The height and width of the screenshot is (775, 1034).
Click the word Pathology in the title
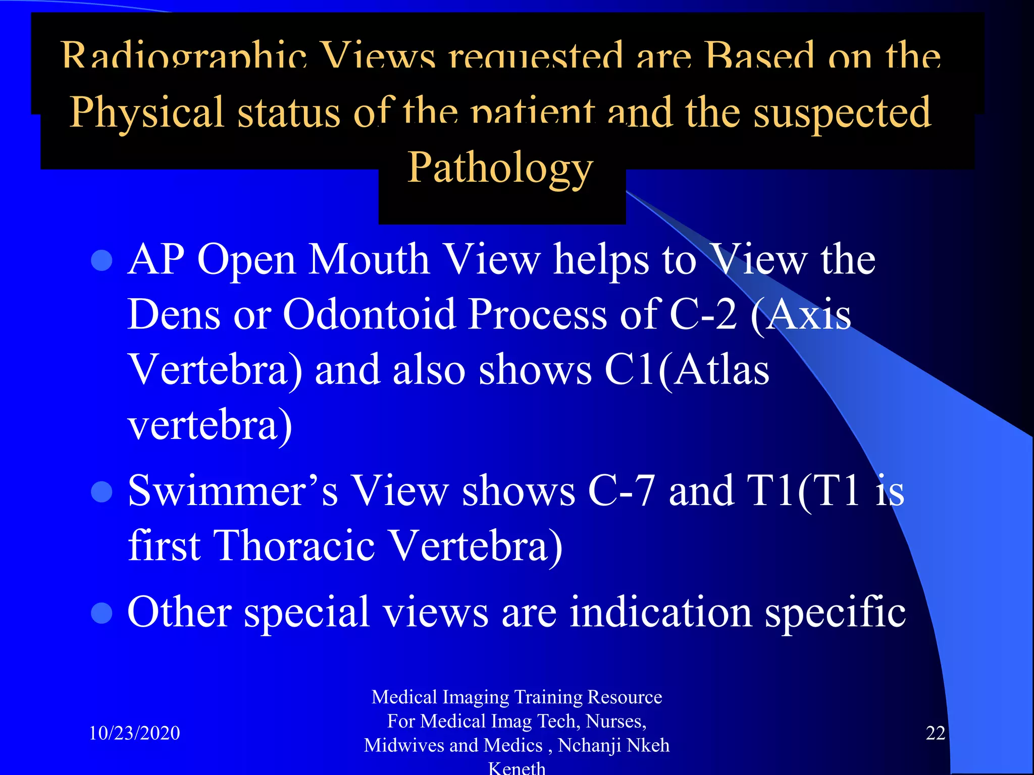[500, 168]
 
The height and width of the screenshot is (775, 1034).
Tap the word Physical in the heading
[146, 113]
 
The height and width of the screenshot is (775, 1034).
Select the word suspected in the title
[842, 113]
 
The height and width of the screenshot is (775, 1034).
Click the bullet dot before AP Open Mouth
[101, 260]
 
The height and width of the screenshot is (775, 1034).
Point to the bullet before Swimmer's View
[101, 491]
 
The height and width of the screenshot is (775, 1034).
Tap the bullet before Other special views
[101, 613]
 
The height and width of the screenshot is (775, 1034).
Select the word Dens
[174, 314]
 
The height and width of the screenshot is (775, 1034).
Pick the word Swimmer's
[233, 490]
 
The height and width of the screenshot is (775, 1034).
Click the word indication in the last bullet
[661, 612]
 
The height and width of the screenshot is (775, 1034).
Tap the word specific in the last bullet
[835, 613]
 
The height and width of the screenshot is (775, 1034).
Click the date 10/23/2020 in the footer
[134, 733]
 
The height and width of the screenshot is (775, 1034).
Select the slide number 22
[935, 733]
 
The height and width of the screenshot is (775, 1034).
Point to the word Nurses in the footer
[615, 721]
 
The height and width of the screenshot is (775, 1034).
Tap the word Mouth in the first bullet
[369, 259]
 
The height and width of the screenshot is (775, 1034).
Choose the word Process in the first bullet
[537, 314]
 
